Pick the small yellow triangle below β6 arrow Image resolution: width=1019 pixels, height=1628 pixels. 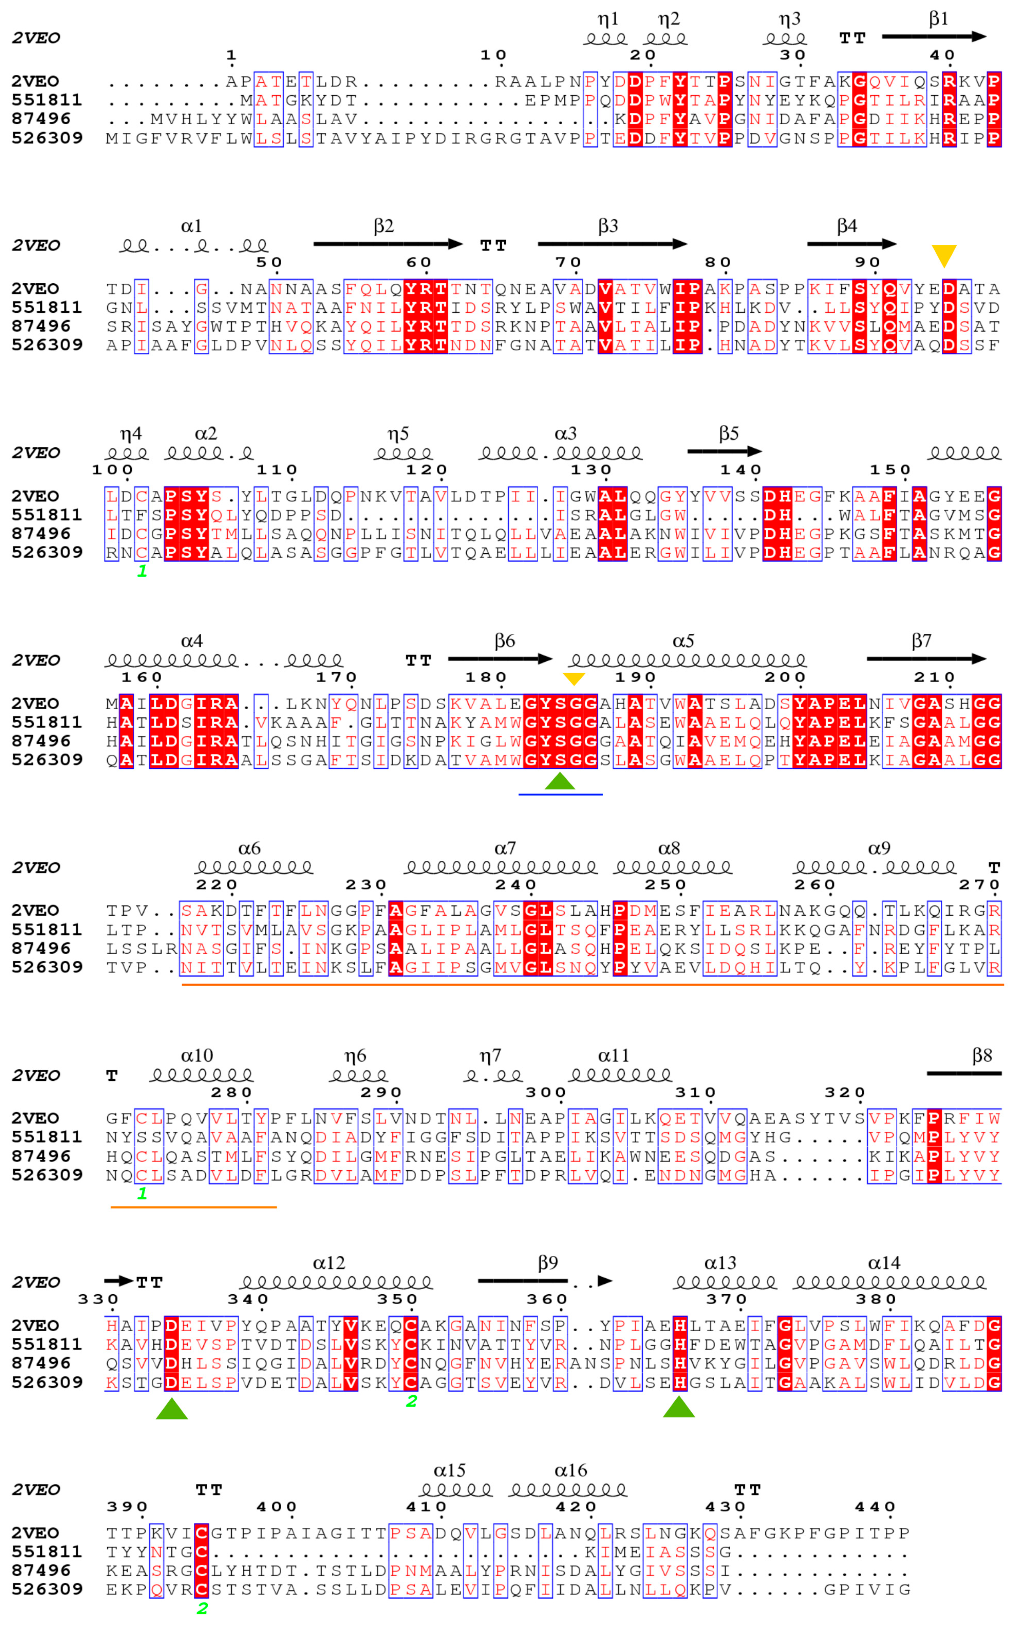(574, 678)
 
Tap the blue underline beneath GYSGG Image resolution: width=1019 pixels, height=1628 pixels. (560, 794)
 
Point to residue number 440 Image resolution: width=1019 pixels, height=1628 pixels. (875, 1507)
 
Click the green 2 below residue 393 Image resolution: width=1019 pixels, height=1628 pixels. (202, 1609)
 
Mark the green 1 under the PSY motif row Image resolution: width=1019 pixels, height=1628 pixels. (141, 571)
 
